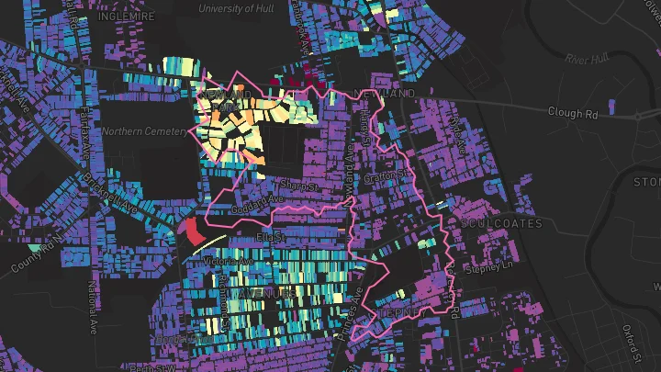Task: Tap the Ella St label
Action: (267, 236)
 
